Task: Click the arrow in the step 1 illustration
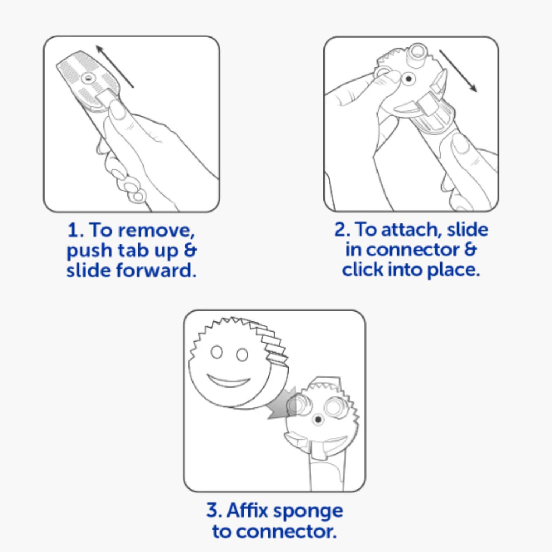114,66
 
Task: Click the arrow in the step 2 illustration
458,71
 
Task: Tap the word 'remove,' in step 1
156,231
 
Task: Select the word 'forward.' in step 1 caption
156,270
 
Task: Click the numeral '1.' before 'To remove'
76,231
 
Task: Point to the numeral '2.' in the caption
342,230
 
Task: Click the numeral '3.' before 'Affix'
214,510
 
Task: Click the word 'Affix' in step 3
247,510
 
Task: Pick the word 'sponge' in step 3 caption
308,512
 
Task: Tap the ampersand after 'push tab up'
190,250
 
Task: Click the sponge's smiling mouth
228,381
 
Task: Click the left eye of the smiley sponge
217,352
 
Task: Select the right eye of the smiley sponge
242,355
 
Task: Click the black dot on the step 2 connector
408,78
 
